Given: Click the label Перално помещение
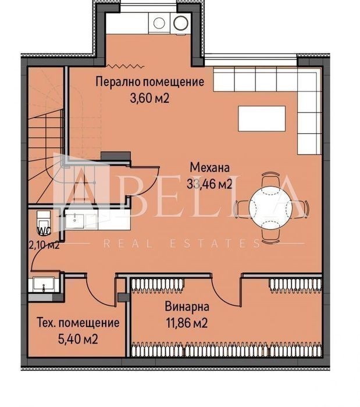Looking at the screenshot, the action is click(150, 82).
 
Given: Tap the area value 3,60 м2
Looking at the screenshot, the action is click(149, 99).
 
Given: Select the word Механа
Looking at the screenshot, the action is click(210, 167).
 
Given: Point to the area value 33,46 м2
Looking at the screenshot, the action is click(209, 184).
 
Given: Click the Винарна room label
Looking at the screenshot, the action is click(187, 306).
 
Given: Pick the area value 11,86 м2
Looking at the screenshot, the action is click(187, 323).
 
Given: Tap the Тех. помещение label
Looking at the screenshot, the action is click(79, 323).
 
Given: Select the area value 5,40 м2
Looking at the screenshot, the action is click(78, 339).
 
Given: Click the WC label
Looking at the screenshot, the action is click(44, 231).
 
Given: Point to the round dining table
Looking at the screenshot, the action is click(270, 206).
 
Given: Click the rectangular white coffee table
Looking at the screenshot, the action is click(262, 119).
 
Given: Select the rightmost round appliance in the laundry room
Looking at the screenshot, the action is click(181, 23).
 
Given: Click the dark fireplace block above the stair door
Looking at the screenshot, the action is click(116, 156).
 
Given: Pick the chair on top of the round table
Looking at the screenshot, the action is click(270, 179).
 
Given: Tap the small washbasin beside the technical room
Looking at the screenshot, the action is click(44, 284).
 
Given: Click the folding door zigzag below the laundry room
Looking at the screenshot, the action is click(126, 66).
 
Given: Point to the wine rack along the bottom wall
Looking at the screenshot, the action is click(226, 349).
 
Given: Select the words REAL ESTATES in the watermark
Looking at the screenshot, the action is click(181, 244).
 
